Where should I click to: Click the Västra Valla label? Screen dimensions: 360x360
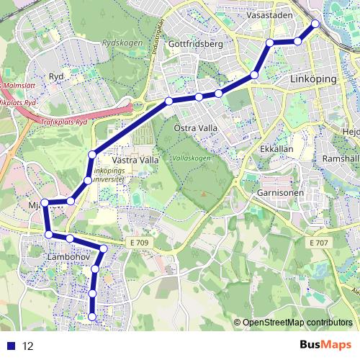tap(135, 159)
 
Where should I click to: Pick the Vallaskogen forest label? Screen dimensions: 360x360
tap(193, 157)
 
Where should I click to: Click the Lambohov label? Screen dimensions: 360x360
tap(67, 256)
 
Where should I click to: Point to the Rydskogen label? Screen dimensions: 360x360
tap(119, 62)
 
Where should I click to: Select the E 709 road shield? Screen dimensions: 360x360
tap(140, 243)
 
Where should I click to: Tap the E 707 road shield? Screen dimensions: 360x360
tap(318, 243)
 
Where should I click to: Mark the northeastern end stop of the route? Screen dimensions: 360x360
tap(315, 24)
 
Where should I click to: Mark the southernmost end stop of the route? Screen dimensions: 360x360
tap(91, 316)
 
